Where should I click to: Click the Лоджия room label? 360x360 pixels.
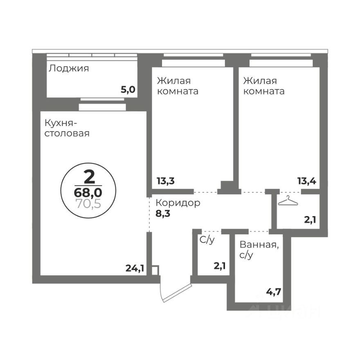click(x=69, y=68)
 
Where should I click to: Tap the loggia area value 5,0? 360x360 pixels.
click(x=128, y=90)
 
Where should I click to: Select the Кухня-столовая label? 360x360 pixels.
click(x=67, y=128)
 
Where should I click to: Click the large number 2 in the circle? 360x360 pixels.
click(x=88, y=177)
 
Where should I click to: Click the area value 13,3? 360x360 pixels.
click(x=166, y=180)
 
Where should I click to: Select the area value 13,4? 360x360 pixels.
click(x=308, y=180)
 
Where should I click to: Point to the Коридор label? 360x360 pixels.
click(x=178, y=203)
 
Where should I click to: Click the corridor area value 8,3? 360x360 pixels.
click(x=163, y=213)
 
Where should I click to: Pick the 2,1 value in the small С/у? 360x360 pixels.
click(x=220, y=266)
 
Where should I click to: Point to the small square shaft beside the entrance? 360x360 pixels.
click(x=154, y=270)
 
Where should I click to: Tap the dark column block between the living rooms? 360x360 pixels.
click(x=229, y=187)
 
